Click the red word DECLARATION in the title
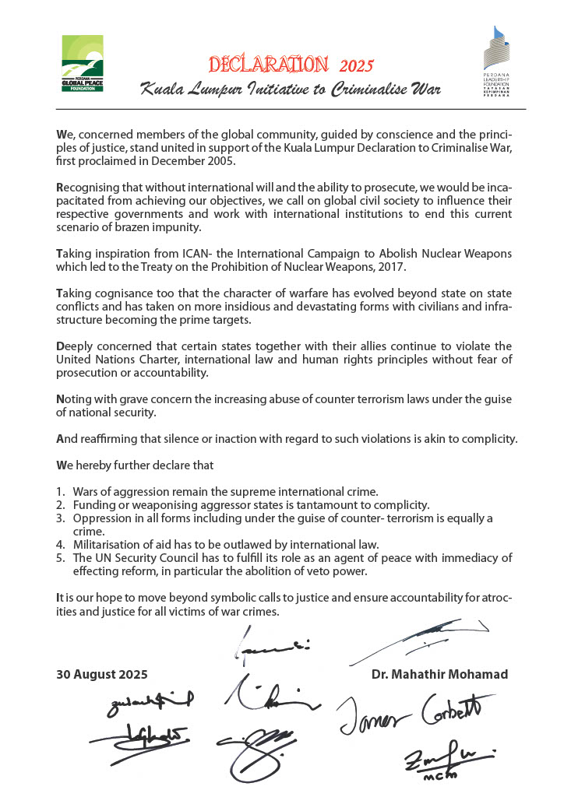coord(266,63)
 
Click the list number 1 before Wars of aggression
coord(59,491)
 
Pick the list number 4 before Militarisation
coord(59,543)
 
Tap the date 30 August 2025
coord(101,674)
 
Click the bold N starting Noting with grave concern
coord(60,399)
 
